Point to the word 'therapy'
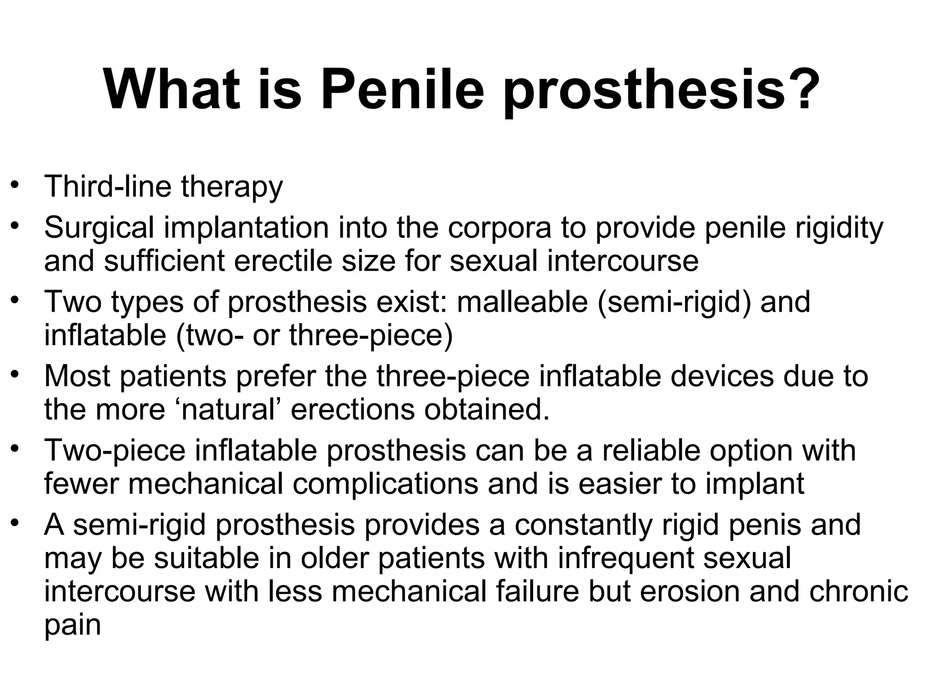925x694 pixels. (x=232, y=187)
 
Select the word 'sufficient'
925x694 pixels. (x=164, y=261)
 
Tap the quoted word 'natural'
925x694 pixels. (x=228, y=409)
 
